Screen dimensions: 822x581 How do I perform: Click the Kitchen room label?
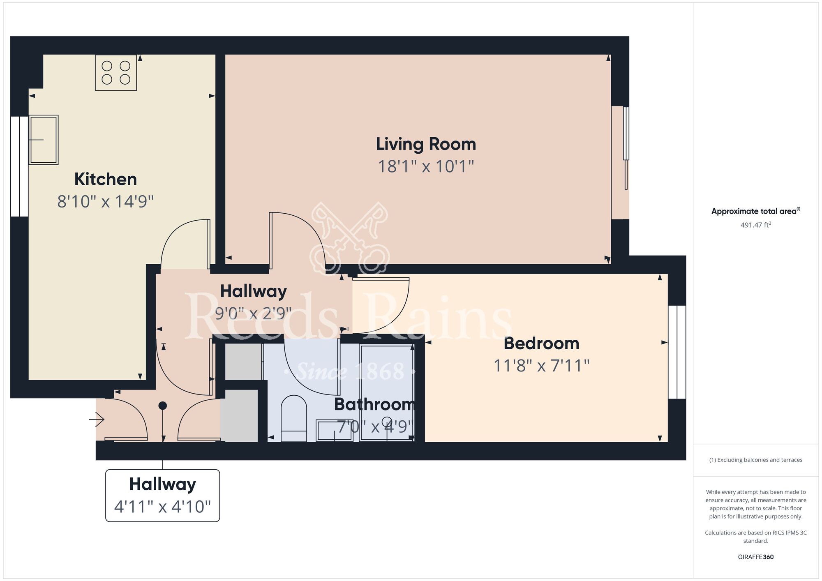(x=105, y=179)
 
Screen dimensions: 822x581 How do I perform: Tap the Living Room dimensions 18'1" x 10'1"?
(x=426, y=166)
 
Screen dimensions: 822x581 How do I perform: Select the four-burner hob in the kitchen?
(x=116, y=73)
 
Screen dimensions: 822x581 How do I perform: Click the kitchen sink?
(x=43, y=140)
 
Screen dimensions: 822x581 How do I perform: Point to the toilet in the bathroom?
(x=294, y=418)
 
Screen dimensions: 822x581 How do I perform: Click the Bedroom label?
(x=541, y=344)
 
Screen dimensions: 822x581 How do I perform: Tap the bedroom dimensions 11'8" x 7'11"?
(x=541, y=366)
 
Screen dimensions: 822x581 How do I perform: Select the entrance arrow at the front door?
(x=97, y=420)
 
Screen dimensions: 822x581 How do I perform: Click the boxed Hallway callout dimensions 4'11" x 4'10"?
(x=162, y=507)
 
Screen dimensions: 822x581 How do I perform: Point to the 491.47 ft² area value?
(x=755, y=225)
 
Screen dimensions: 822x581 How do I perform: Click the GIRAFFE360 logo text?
(x=755, y=557)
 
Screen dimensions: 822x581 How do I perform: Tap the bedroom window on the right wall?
(x=677, y=352)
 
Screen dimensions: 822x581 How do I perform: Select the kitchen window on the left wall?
(x=19, y=166)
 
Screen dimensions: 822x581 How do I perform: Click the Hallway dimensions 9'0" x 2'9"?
(x=253, y=314)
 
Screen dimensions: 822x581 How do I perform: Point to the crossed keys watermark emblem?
(x=349, y=238)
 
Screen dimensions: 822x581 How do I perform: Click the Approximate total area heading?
(x=755, y=211)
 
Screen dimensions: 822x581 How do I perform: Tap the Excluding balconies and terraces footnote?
(x=755, y=460)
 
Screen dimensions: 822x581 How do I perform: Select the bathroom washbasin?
(x=334, y=431)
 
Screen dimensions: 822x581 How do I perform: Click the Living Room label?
(x=426, y=144)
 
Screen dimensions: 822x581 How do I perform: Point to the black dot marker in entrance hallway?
(x=163, y=406)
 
